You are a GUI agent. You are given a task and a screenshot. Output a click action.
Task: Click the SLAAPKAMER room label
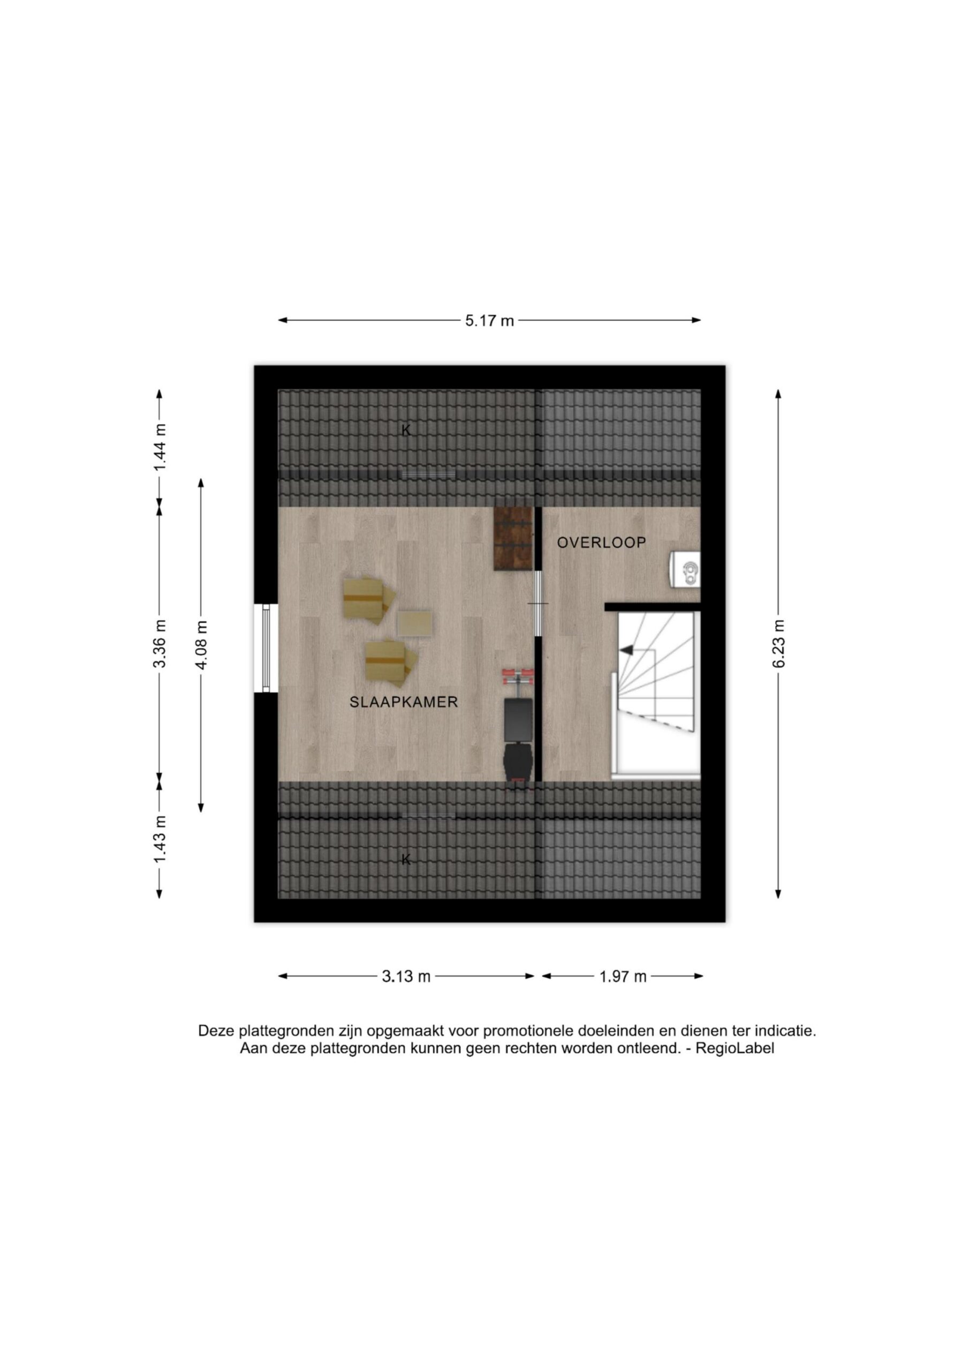click(404, 702)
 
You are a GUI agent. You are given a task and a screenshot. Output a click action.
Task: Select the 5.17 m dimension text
click(489, 321)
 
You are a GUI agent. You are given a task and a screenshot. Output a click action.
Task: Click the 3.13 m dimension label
click(406, 976)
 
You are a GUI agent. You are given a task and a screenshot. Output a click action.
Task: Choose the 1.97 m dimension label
click(623, 976)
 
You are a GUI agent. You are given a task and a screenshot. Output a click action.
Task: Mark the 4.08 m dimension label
click(201, 645)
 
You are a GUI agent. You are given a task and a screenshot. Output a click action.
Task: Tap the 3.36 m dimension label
click(160, 645)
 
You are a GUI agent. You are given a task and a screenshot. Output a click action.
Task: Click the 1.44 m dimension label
click(160, 447)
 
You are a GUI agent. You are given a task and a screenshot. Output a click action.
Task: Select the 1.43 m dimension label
click(160, 838)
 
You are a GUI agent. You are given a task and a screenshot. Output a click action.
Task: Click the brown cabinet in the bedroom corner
click(513, 539)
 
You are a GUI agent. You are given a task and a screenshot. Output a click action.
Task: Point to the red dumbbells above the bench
click(518, 677)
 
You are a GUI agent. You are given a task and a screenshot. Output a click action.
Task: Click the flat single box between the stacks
click(414, 623)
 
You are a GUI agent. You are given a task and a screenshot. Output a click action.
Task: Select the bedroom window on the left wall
click(266, 649)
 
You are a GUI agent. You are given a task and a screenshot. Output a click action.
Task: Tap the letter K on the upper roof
click(406, 430)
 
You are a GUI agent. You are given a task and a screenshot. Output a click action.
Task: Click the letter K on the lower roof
click(406, 860)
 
